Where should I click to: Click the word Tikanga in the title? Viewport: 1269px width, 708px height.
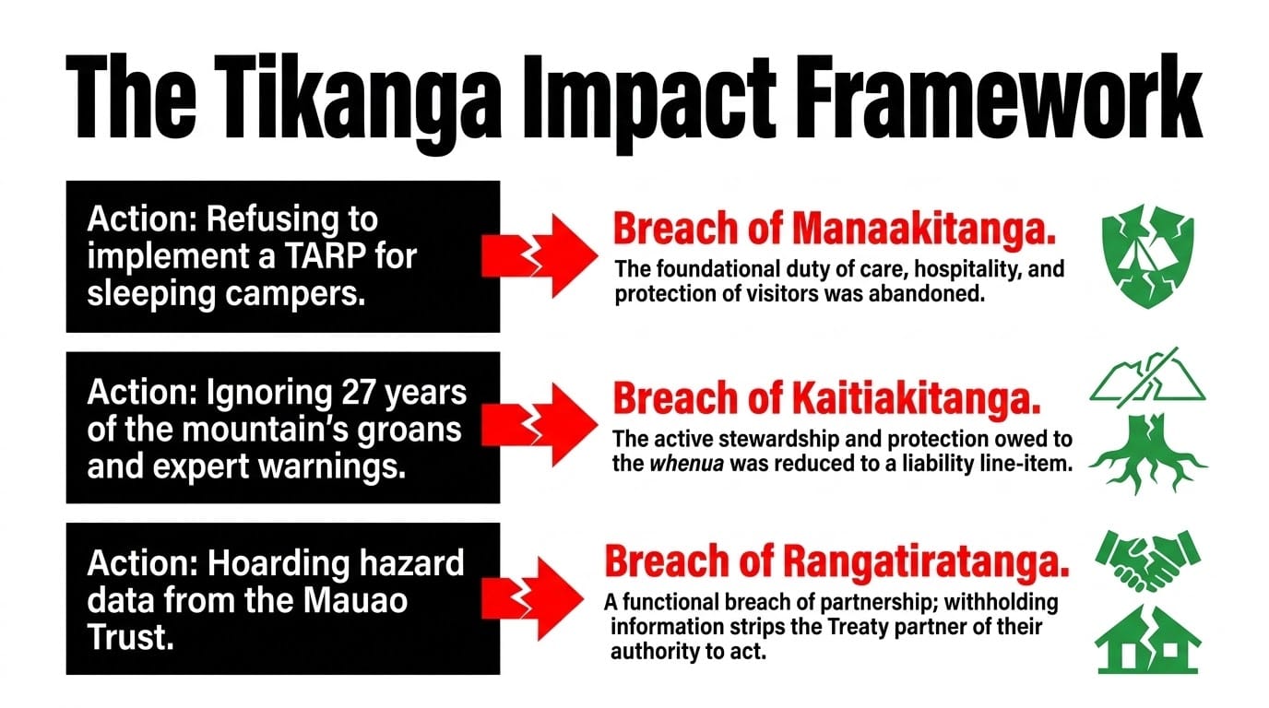[x=357, y=100]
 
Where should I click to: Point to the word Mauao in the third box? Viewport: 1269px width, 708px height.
[x=355, y=600]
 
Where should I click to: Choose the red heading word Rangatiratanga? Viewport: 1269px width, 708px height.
[x=926, y=561]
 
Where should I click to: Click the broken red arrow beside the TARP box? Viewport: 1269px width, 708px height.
[x=540, y=256]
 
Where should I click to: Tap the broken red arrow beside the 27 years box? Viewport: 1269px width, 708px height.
[x=540, y=425]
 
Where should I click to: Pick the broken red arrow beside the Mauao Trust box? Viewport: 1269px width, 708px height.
[x=532, y=598]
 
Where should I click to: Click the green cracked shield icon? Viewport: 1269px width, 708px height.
[x=1148, y=256]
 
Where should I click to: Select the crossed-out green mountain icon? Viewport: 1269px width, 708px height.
[x=1148, y=378]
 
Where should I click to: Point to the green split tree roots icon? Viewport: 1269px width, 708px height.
[x=1148, y=454]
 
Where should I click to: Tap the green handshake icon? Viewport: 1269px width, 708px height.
[x=1148, y=560]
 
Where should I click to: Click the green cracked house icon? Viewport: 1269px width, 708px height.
[x=1148, y=639]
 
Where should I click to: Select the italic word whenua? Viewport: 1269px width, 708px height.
[x=686, y=465]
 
